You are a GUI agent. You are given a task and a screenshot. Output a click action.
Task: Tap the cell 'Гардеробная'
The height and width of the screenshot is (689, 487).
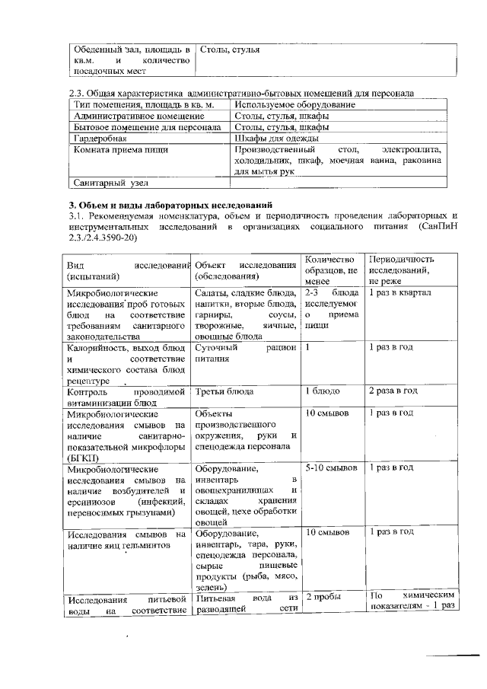[100, 139]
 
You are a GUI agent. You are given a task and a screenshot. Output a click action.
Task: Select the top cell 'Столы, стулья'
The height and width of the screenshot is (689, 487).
[229, 49]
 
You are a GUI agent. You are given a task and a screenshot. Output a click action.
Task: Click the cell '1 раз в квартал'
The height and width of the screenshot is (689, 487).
[399, 293]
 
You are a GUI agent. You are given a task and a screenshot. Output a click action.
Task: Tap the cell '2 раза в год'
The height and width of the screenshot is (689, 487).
[393, 391]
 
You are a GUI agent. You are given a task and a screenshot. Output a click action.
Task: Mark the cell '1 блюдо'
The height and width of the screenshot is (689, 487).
[322, 391]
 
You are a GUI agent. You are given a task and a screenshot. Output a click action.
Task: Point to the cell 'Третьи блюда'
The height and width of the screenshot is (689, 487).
[224, 391]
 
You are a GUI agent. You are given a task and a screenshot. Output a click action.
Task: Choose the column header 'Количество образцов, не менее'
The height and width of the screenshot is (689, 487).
[329, 269]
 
